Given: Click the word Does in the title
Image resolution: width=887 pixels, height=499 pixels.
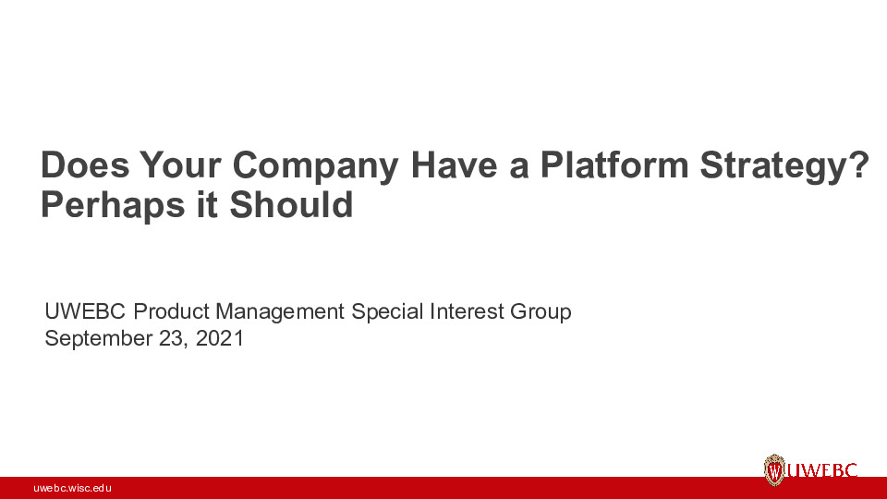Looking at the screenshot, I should coord(85,166).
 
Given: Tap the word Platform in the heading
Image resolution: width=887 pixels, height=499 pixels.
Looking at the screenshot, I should coord(614,166).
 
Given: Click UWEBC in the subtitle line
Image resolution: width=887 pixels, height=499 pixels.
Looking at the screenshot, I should coord(86,312).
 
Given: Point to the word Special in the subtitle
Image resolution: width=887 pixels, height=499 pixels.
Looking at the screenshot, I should coord(389,312).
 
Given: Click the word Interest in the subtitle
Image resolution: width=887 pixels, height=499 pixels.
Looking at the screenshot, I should coord(468,312).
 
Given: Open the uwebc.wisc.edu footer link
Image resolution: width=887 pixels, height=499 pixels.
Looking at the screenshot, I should coord(72,488).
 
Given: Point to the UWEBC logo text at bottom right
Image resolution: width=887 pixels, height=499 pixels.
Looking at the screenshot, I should coord(822,470).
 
